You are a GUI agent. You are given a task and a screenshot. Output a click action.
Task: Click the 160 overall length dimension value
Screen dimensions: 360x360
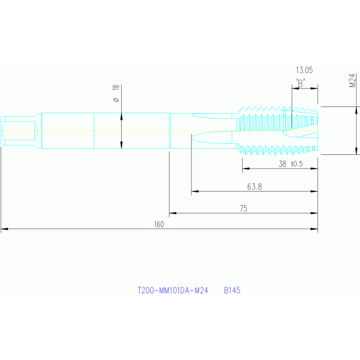159,224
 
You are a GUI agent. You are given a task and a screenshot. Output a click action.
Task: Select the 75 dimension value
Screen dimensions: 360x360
243,208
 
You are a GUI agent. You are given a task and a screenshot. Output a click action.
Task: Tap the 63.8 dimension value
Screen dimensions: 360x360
254,187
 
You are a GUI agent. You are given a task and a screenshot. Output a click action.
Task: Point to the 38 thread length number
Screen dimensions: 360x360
282,164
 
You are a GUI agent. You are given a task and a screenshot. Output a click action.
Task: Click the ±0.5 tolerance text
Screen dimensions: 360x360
297,164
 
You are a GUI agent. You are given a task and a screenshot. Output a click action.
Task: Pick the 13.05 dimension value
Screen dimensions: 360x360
304,70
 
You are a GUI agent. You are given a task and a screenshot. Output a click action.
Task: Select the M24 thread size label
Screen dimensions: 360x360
352,80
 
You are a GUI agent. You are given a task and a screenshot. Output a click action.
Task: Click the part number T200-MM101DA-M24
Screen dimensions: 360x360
173,291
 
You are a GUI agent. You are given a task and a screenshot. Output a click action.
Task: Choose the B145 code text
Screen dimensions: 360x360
232,291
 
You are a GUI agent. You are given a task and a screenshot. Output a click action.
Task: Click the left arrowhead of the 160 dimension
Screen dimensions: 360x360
4,230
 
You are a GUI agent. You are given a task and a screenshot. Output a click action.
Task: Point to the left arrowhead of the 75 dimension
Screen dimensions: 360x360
172,214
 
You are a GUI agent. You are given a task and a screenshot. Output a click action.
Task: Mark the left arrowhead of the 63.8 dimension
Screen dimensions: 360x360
194,191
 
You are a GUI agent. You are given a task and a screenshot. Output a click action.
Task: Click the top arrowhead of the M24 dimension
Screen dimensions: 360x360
357,110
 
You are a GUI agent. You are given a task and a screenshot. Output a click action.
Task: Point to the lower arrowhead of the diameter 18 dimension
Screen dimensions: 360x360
121,145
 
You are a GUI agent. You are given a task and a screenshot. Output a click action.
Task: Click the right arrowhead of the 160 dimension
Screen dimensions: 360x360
315,230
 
